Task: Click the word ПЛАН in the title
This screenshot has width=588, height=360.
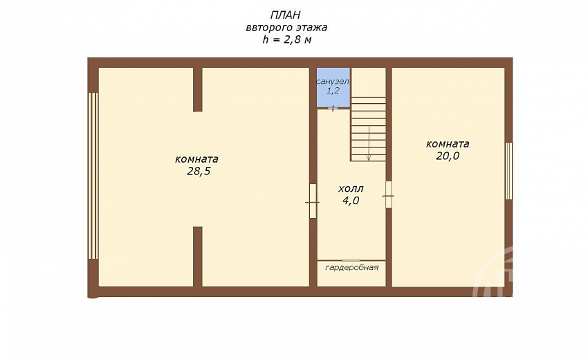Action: click(x=286, y=15)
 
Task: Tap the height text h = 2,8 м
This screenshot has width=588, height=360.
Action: click(x=287, y=39)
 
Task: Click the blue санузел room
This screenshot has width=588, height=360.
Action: click(x=333, y=87)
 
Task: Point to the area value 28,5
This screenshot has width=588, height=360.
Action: click(x=199, y=172)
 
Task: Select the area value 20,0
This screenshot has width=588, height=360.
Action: click(x=448, y=156)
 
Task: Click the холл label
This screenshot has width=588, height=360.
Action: click(x=351, y=188)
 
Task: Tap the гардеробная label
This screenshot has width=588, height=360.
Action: click(x=351, y=268)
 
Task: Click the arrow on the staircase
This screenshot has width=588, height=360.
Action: click(x=369, y=143)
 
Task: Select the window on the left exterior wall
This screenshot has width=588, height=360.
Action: click(x=93, y=176)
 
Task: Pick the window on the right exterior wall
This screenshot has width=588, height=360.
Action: click(x=508, y=171)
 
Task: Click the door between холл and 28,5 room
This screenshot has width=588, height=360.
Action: click(x=313, y=201)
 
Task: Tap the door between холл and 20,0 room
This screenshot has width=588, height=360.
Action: click(x=389, y=195)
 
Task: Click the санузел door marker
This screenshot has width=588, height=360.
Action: click(x=333, y=109)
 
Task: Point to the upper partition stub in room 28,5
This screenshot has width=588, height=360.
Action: click(x=198, y=90)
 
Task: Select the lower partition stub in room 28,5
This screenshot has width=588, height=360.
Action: click(x=198, y=256)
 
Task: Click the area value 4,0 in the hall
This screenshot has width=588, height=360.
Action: click(x=351, y=201)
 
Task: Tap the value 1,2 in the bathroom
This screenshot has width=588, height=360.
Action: click(x=333, y=91)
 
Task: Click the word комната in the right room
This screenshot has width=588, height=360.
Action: click(x=448, y=144)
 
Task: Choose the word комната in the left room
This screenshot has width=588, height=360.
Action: click(x=196, y=159)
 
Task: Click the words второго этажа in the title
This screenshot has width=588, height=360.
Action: click(x=287, y=28)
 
